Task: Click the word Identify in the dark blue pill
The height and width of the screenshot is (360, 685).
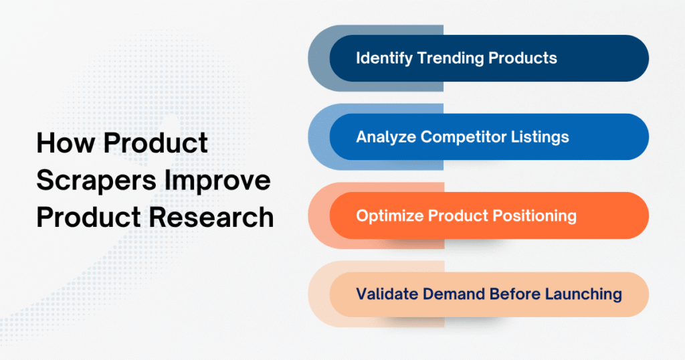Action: pyautogui.click(x=384, y=58)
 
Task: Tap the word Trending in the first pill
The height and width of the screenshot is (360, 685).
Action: pyautogui.click(x=451, y=58)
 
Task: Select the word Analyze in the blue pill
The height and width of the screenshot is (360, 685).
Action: pyautogui.click(x=384, y=137)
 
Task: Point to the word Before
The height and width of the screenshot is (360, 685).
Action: pyautogui.click(x=508, y=294)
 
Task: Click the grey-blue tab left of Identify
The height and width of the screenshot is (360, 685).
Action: pyautogui.click(x=318, y=58)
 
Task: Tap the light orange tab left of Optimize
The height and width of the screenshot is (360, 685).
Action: pyautogui.click(x=318, y=216)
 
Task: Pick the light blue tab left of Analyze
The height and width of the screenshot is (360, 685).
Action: pyautogui.click(x=318, y=137)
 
